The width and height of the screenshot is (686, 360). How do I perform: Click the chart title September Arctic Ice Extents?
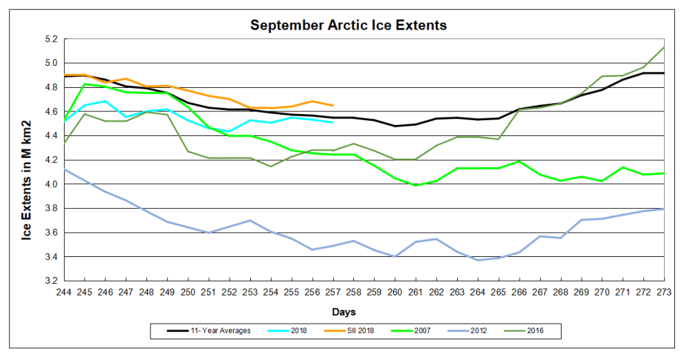[x=348, y=25]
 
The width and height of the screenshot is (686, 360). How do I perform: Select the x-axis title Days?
[x=344, y=312]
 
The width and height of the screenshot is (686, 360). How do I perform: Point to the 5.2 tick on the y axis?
[x=51, y=39]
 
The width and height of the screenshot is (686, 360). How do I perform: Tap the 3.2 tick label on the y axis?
[x=51, y=281]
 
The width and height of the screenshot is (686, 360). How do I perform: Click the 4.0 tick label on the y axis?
[x=51, y=184]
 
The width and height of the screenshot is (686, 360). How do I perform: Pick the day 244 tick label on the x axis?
[x=65, y=292]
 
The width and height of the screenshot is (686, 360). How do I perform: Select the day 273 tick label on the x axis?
[x=664, y=292]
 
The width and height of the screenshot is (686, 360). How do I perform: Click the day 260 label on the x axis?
[x=395, y=292]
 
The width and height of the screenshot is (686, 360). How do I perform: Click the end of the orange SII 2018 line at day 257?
[x=333, y=105]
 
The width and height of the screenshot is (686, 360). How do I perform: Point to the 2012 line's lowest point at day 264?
[x=478, y=260]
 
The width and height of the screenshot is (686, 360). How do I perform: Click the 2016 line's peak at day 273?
[x=664, y=47]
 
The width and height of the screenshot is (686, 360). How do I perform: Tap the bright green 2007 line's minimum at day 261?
[x=416, y=185]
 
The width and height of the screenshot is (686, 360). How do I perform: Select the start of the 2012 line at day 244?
[x=65, y=169]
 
